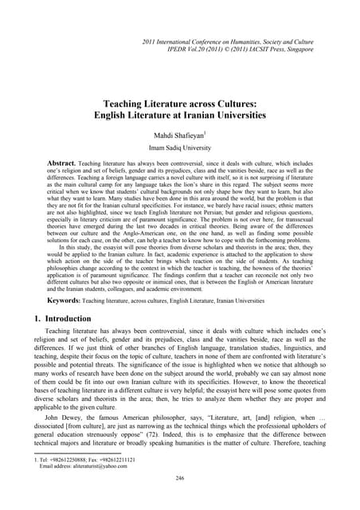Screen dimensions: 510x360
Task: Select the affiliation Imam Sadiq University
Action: (x=180, y=148)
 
